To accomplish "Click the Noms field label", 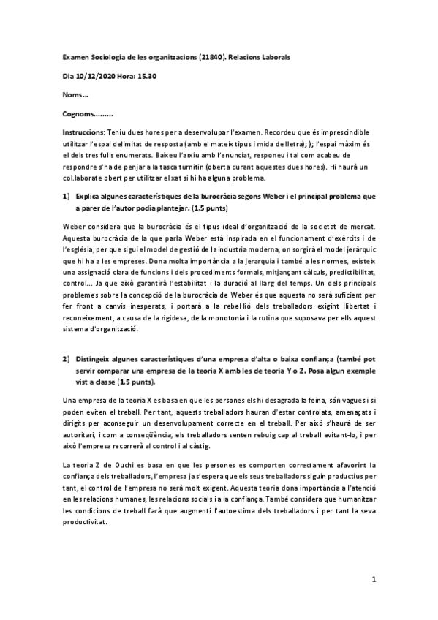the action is point(76,95).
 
